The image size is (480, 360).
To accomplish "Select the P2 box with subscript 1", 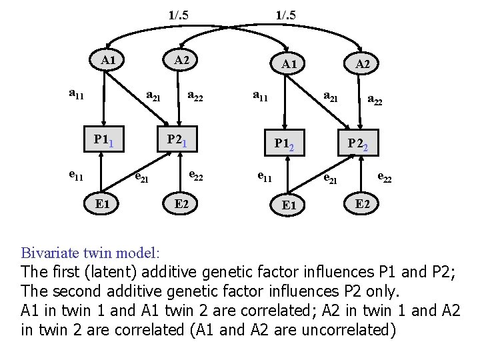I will [179, 140].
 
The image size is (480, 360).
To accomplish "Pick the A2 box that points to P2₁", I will [181, 61].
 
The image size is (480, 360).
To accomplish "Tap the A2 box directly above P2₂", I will [363, 64].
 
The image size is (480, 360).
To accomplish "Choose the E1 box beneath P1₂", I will [289, 205].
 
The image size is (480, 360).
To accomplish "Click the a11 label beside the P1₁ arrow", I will [77, 94].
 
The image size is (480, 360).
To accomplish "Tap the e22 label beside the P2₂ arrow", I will [384, 177].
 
